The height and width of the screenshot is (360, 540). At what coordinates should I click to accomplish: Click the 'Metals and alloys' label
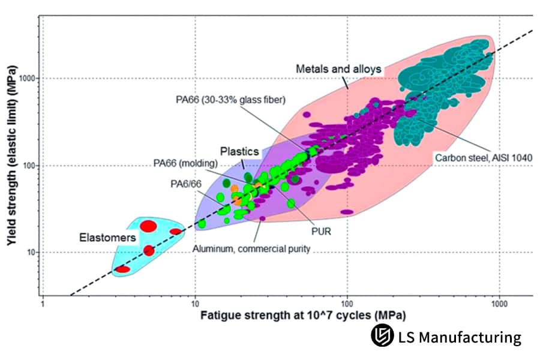click(339, 69)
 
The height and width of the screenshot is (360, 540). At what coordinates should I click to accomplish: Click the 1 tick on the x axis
click(43, 304)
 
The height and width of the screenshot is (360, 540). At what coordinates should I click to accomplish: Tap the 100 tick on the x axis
click(347, 304)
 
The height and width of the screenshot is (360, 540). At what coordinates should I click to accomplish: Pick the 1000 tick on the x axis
click(499, 304)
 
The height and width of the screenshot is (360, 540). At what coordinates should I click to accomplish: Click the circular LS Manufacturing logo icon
click(382, 337)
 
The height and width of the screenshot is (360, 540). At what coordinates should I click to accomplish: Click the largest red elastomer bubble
click(149, 226)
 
